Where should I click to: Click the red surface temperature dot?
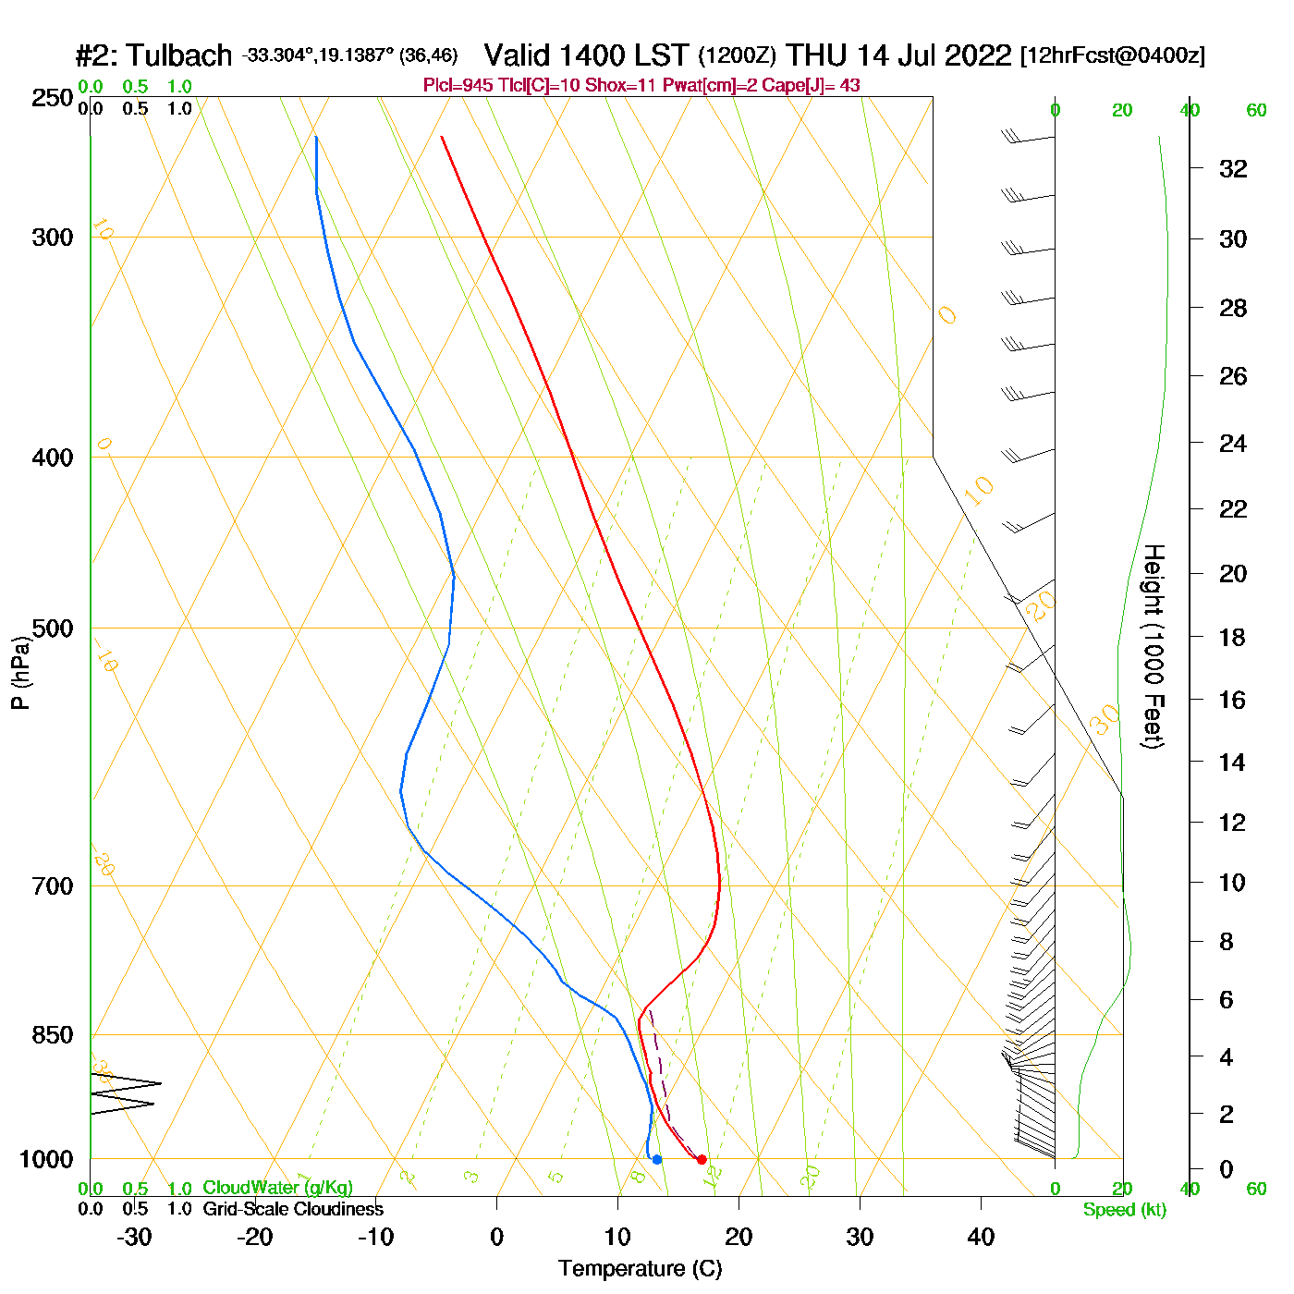pyautogui.click(x=702, y=1159)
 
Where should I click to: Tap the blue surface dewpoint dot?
pyautogui.click(x=656, y=1159)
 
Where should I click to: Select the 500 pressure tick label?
pyautogui.click(x=53, y=629)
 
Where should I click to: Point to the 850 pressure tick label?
pyautogui.click(x=53, y=1035)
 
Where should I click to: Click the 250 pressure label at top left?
pyautogui.click(x=53, y=98)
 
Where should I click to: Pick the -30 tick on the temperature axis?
pyautogui.click(x=134, y=1237)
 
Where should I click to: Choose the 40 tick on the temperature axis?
pyautogui.click(x=981, y=1237)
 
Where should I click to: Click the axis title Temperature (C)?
pyautogui.click(x=640, y=1269)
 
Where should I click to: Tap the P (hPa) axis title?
pyautogui.click(x=20, y=673)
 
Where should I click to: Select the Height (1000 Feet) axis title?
pyautogui.click(x=1153, y=647)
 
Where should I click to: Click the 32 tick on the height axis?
pyautogui.click(x=1233, y=169)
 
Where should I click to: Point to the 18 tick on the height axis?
pyautogui.click(x=1233, y=637)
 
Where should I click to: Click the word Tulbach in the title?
pyautogui.click(x=179, y=56)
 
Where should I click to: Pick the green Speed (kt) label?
pyautogui.click(x=1125, y=1210)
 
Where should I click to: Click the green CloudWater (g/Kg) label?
pyautogui.click(x=277, y=1188)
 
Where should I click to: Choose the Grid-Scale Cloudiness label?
pyautogui.click(x=293, y=1209)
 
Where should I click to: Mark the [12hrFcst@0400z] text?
pyautogui.click(x=1112, y=56)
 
